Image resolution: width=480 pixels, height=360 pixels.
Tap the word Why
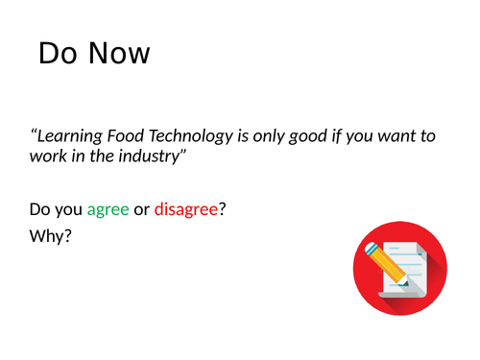pyautogui.click(x=51, y=234)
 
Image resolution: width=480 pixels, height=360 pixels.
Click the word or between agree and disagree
pyautogui.click(x=141, y=208)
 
